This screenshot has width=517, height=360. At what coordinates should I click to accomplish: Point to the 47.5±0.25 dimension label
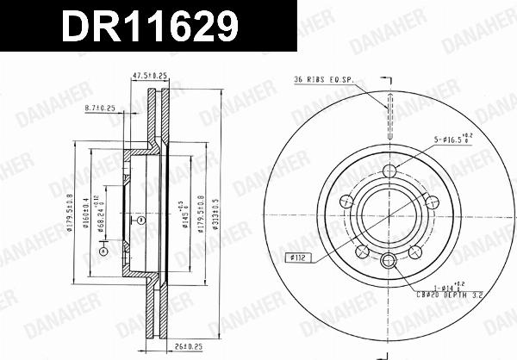coord(148,75)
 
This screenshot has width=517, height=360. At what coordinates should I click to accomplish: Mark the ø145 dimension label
coord(184,211)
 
